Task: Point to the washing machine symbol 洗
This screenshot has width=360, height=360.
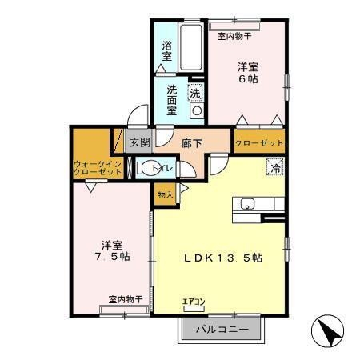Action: (194, 93)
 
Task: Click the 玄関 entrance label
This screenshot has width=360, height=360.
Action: (139, 143)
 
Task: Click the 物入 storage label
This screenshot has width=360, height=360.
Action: (165, 194)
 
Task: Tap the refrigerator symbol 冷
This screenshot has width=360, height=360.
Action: (274, 168)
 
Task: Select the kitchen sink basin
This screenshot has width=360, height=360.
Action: (247, 203)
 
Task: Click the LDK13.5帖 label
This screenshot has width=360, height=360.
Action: (223, 258)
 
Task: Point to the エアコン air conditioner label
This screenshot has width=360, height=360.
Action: (194, 302)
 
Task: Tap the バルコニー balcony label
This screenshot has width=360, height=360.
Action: (215, 329)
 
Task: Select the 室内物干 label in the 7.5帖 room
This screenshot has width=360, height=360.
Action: (125, 299)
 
